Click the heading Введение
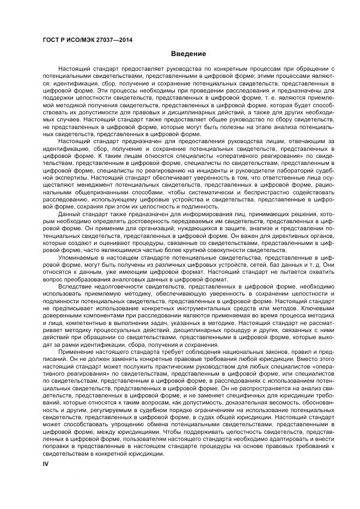tap(188, 54)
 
